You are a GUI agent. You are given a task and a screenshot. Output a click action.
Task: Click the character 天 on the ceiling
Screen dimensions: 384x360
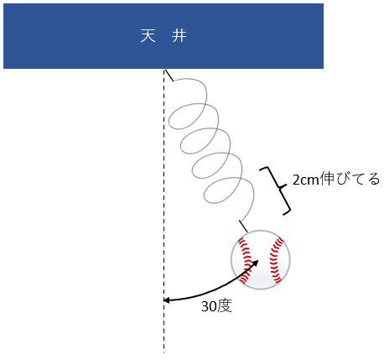[x=148, y=35]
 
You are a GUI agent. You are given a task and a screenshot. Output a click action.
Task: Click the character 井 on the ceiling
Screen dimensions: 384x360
[x=179, y=35]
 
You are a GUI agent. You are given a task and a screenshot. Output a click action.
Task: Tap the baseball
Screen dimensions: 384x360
[x=261, y=259]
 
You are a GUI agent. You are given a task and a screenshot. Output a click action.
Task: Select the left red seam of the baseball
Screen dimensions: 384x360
[x=245, y=260]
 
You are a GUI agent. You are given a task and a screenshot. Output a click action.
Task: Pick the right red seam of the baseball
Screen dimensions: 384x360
[x=276, y=260]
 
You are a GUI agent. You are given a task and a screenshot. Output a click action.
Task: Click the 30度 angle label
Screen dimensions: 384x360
[x=216, y=306]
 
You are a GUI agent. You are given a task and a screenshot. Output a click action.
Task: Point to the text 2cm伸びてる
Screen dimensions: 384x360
[x=336, y=179]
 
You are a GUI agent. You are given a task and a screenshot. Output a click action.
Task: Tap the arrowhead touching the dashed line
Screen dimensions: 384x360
[x=167, y=300]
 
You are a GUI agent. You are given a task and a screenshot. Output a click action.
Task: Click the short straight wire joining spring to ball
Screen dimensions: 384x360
[x=243, y=226]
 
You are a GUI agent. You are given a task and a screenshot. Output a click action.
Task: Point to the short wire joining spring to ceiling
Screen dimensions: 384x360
[x=169, y=76]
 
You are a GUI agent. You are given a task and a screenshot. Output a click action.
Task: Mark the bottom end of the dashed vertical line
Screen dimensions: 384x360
[x=164, y=353]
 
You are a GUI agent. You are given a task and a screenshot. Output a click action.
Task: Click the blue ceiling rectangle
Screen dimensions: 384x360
[x=163, y=36]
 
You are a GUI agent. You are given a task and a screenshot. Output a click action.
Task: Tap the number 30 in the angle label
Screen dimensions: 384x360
[x=209, y=306]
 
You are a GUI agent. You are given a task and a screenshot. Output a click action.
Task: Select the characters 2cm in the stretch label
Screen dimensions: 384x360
[x=305, y=180]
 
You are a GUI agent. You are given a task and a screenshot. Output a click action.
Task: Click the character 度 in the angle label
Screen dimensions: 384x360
[x=225, y=305]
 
